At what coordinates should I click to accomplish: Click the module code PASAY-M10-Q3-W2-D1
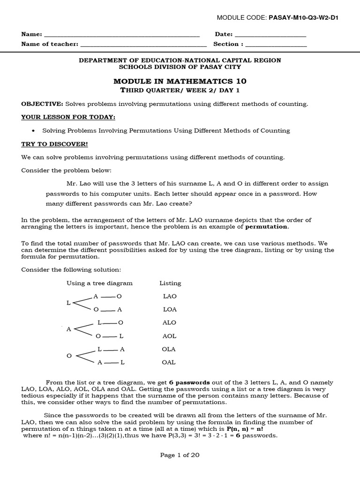[303, 18]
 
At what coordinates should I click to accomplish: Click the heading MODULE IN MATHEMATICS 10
[180, 81]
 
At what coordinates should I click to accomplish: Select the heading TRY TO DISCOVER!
[54, 144]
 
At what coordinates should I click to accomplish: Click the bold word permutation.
[267, 227]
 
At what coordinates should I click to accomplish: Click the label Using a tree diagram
[99, 283]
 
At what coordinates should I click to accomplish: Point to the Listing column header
[170, 283]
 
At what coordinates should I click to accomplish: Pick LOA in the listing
[170, 309]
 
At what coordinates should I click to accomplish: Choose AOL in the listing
[170, 336]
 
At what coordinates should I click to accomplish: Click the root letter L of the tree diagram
[68, 303]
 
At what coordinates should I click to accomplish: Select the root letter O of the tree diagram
[69, 356]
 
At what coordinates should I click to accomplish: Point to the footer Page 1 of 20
[180, 455]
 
